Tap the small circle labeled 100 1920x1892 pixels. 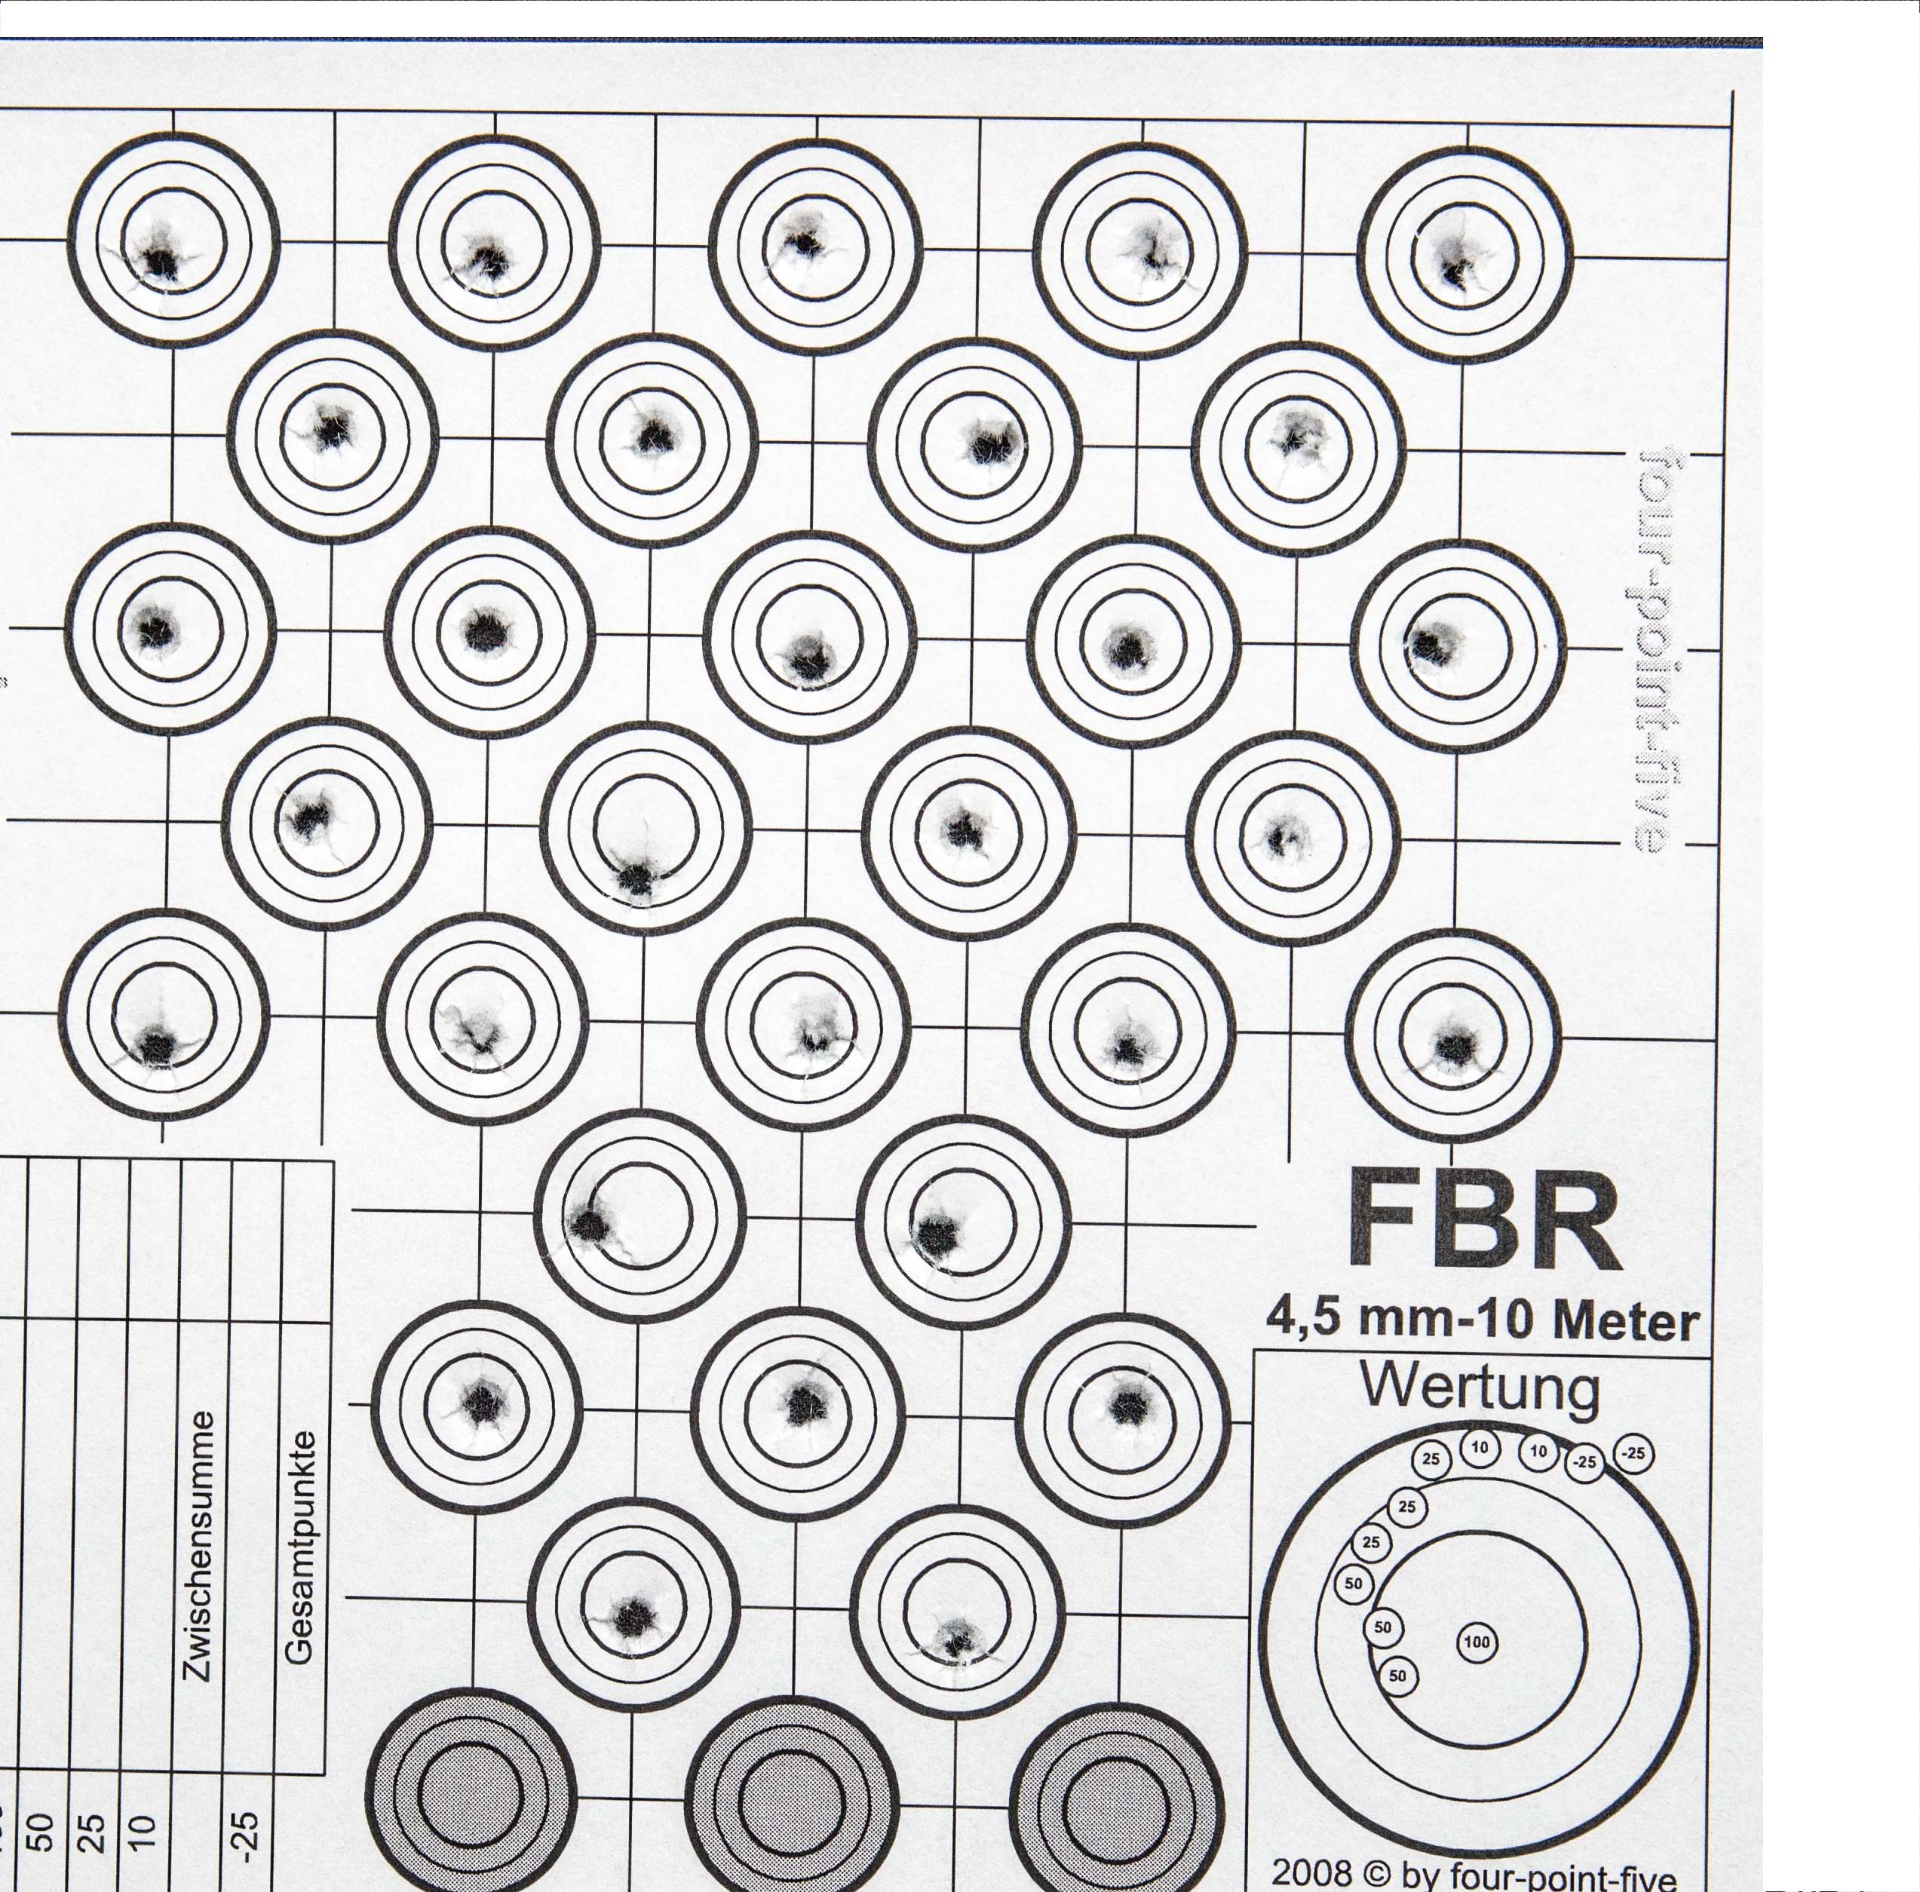point(1477,1642)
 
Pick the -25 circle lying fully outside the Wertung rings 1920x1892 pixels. point(1633,1454)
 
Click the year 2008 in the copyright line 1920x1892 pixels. point(1311,1873)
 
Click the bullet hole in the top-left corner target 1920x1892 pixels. point(159,262)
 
